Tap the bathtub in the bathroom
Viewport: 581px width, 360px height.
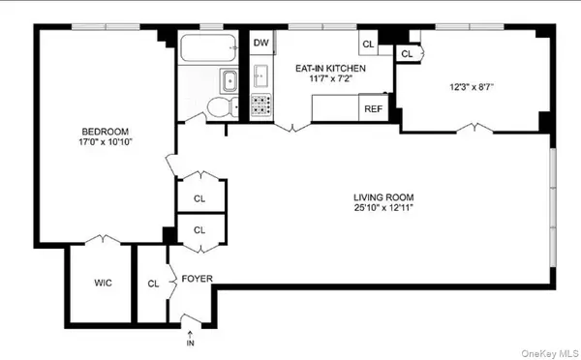pyautogui.click(x=207, y=47)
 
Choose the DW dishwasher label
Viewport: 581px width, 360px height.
pyautogui.click(x=260, y=43)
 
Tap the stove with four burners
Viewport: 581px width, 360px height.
pyautogui.click(x=260, y=105)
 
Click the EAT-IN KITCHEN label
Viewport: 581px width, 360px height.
pyautogui.click(x=330, y=69)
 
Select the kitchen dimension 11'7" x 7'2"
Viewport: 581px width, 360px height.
pyautogui.click(x=330, y=80)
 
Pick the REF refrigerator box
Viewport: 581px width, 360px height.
pyautogui.click(x=373, y=108)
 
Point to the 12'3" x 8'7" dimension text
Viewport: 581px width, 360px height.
pyautogui.click(x=472, y=87)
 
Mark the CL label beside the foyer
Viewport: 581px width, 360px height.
pyautogui.click(x=153, y=284)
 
